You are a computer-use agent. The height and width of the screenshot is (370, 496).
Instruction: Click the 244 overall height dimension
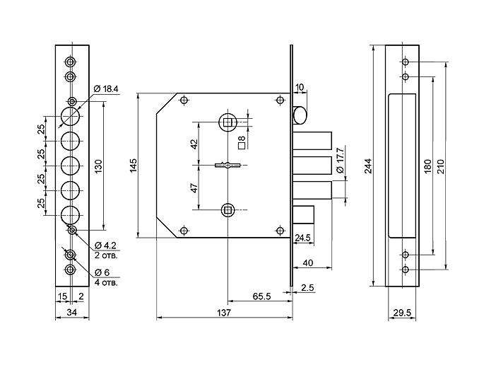[369, 166]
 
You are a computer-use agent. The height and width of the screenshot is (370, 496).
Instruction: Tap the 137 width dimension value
[224, 313]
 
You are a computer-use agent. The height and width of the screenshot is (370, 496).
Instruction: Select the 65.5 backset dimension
[262, 296]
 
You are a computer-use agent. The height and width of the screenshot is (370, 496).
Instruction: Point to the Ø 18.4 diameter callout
[106, 89]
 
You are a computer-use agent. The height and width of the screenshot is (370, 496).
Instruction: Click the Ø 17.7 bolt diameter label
[341, 160]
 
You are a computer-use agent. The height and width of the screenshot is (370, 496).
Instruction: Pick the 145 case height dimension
[133, 166]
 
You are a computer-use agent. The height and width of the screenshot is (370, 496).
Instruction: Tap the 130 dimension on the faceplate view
[98, 166]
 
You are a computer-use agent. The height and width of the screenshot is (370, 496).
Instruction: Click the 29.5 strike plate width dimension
[402, 313]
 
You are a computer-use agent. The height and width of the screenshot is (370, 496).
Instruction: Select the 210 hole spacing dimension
[441, 166]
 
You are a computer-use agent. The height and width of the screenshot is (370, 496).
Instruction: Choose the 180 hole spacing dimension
[427, 166]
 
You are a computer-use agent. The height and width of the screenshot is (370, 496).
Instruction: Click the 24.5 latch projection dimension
[302, 238]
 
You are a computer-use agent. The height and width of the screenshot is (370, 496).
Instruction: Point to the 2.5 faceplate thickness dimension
[307, 288]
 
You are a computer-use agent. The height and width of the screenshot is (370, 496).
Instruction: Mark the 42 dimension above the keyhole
[194, 144]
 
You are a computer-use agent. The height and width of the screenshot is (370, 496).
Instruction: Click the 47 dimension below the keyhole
[194, 187]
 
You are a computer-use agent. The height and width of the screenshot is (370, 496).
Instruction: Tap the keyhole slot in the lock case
[228, 165]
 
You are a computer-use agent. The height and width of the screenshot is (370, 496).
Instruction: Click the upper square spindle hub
[228, 122]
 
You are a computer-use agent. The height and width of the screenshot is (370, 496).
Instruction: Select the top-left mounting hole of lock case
[184, 100]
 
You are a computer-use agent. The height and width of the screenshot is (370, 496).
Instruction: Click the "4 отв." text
[106, 282]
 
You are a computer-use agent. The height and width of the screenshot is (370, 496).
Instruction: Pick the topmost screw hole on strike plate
[406, 62]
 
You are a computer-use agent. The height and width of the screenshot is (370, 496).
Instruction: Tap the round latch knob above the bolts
[300, 115]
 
